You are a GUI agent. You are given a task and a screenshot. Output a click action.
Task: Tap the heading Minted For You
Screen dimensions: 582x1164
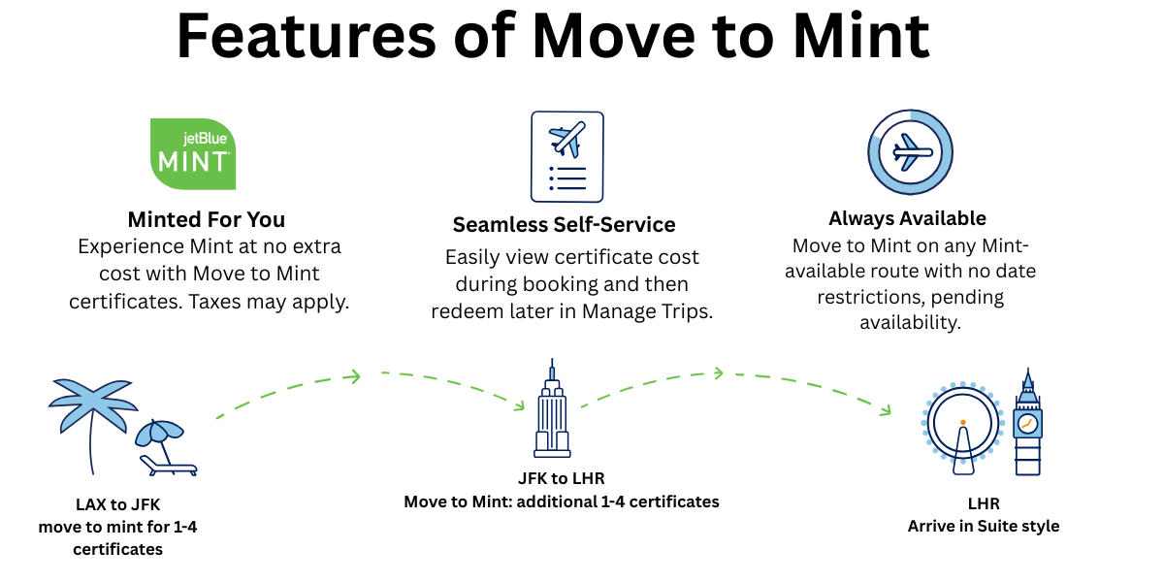coord(207,219)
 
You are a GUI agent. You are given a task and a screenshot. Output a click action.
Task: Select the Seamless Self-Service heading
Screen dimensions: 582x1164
coord(564,225)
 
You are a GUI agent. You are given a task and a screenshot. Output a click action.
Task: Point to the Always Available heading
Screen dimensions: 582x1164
coord(907,218)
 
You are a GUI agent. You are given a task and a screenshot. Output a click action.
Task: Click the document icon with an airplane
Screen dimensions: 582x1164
coord(566,155)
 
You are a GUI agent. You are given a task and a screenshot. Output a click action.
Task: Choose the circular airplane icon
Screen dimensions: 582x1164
coord(910,152)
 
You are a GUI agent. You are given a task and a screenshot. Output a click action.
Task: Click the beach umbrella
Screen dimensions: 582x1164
coord(158,433)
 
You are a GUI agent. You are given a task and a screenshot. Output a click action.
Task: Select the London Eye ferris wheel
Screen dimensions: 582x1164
coord(962,427)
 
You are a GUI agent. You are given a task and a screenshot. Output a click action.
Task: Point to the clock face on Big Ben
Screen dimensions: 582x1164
coord(1027,424)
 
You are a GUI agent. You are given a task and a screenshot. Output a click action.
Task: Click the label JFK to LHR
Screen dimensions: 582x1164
coord(562,479)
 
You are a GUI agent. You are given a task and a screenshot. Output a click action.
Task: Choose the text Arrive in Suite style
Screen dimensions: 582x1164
coord(983,527)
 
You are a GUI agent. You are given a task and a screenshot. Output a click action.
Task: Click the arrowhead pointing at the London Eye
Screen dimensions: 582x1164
coord(885,411)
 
